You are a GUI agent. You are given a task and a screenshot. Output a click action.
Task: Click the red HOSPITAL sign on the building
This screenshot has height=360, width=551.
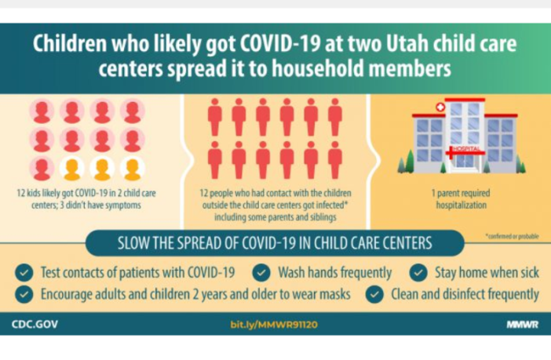[x=464, y=148]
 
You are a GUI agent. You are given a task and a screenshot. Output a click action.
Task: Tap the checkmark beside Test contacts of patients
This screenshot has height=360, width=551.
[x=25, y=273]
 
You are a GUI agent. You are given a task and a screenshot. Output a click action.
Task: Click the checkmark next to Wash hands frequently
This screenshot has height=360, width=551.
[x=262, y=273]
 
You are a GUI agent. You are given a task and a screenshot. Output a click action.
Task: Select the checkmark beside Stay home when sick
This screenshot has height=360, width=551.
[x=419, y=273]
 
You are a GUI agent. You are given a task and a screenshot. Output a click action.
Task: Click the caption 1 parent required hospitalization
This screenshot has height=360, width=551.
[x=454, y=198]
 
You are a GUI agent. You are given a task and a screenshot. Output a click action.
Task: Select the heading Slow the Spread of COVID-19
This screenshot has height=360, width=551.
[x=275, y=242]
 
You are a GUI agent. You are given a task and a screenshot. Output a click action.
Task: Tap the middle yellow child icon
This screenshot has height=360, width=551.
[x=101, y=169]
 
